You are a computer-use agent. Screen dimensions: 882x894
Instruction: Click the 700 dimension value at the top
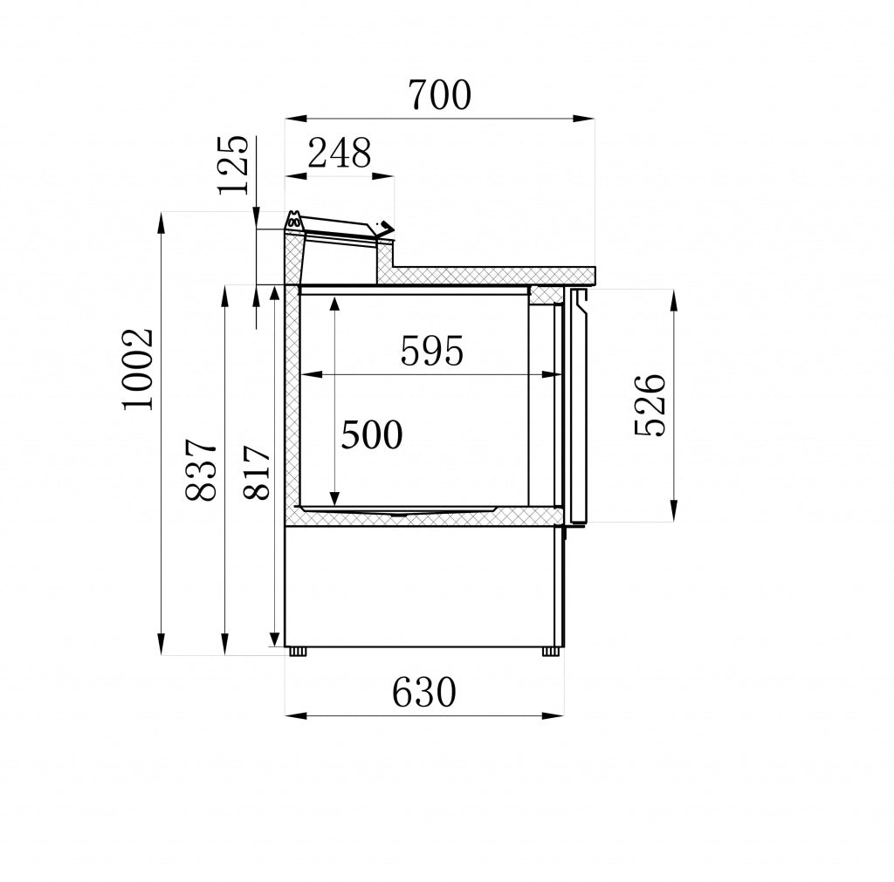point(438,94)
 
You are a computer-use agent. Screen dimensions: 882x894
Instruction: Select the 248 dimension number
point(339,154)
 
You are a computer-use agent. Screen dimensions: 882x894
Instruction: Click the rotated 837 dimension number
point(202,469)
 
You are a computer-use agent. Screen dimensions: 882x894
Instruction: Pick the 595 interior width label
point(431,351)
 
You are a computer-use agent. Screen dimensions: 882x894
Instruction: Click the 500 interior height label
point(372,434)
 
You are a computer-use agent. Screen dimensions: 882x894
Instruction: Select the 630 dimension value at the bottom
point(423,694)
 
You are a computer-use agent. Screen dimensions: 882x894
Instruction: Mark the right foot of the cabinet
point(551,651)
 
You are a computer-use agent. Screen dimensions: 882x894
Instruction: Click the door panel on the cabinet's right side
point(579,406)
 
